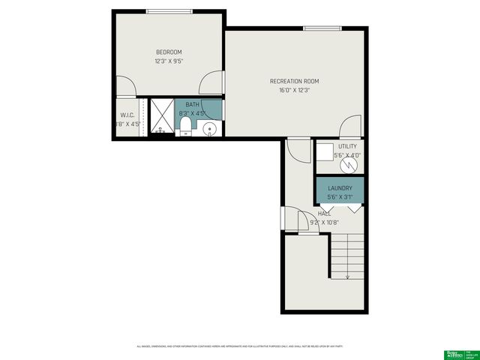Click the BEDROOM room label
point(169,52)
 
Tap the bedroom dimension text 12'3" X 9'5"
point(169,61)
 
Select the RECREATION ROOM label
point(295,81)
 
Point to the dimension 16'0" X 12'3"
point(295,90)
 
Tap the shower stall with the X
point(161,116)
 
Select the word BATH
point(193,105)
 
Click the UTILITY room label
point(348,146)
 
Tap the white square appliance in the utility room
point(325,152)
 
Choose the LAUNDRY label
point(340,188)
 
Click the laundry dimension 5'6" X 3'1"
point(340,197)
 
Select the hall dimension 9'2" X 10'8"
point(324,222)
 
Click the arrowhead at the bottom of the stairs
point(348,277)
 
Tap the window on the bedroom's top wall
point(169,11)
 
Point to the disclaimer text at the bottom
point(240,346)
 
